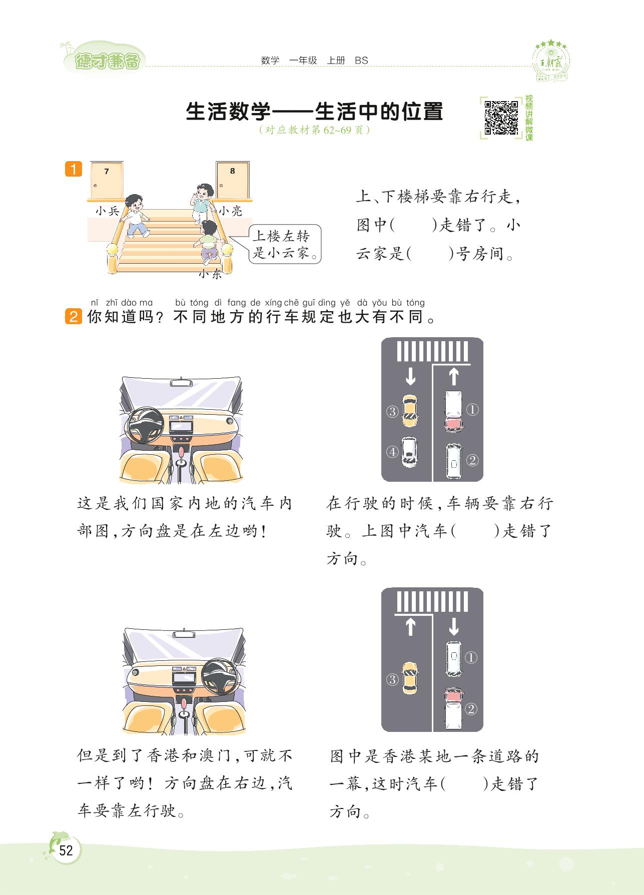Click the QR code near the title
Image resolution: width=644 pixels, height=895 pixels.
501,118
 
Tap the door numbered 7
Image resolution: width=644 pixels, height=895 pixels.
107,180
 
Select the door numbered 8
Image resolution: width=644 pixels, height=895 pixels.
233,180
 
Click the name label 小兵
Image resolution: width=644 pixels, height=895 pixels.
108,211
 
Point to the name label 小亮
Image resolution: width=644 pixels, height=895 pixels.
230,211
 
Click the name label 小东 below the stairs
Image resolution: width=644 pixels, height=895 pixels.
210,274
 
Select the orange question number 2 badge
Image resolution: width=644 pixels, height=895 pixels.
73,317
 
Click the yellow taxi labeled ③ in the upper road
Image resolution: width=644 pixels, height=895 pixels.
410,411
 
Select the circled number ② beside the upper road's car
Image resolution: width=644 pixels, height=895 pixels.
472,460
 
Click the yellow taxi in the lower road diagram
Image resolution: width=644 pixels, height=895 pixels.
410,678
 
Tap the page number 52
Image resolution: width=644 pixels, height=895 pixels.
66,850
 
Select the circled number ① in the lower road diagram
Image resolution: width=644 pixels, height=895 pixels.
471,657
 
